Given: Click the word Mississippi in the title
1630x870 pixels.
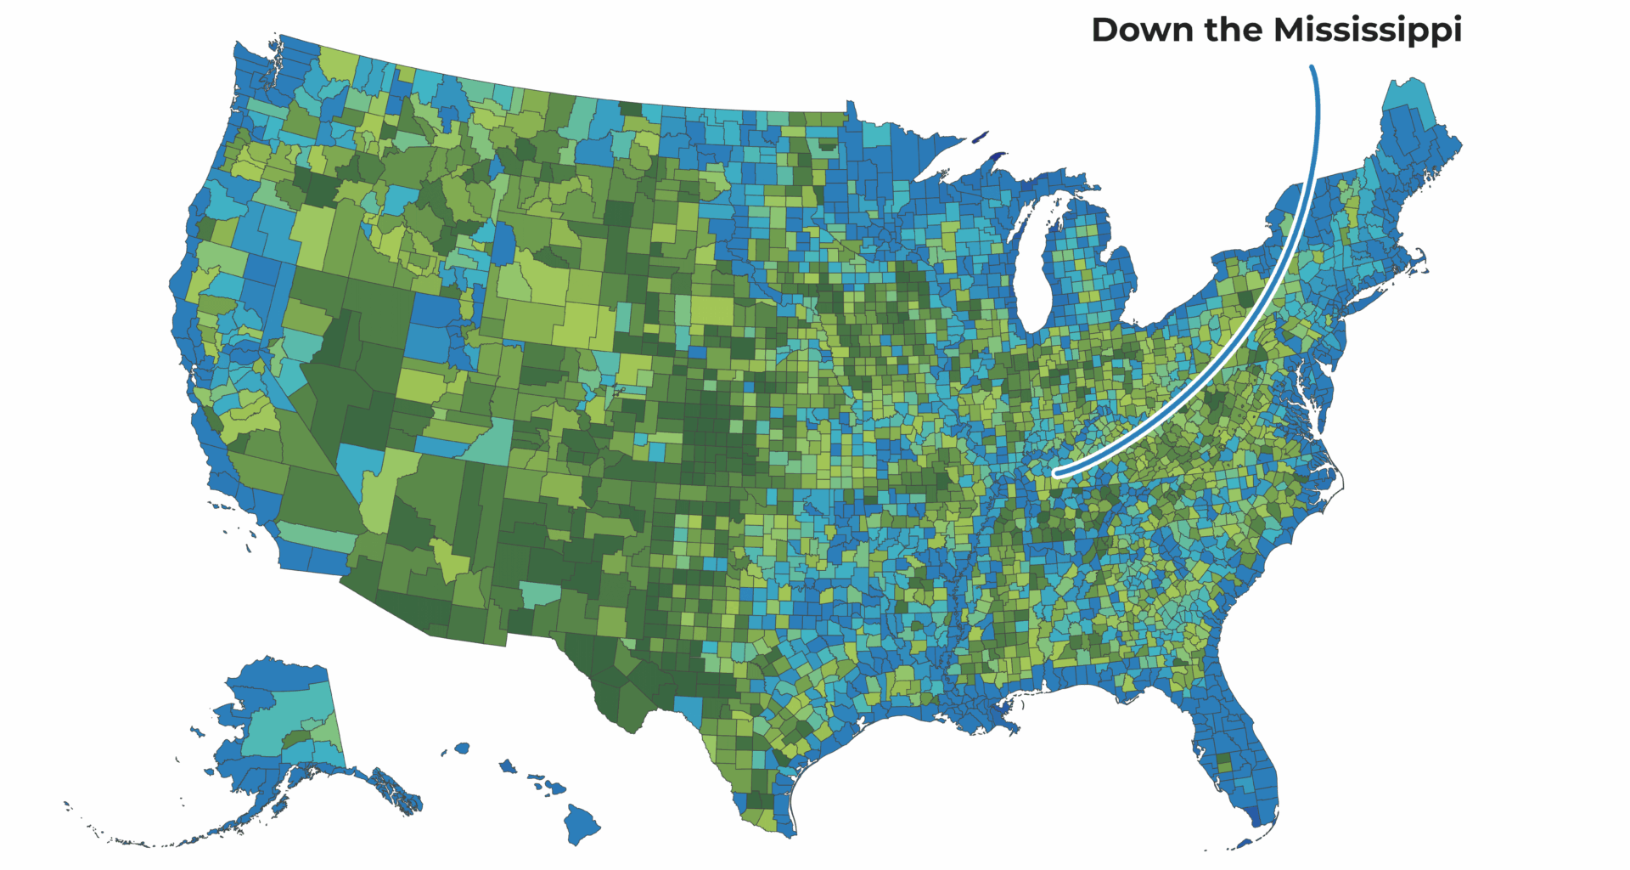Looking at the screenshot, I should tap(1368, 31).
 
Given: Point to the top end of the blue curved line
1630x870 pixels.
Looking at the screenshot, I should tap(1312, 68).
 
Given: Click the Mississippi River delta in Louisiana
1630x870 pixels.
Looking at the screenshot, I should tap(1010, 726).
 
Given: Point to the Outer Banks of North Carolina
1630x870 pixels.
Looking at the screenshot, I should tap(1340, 476).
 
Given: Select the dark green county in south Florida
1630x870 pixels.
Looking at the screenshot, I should tap(1223, 762).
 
